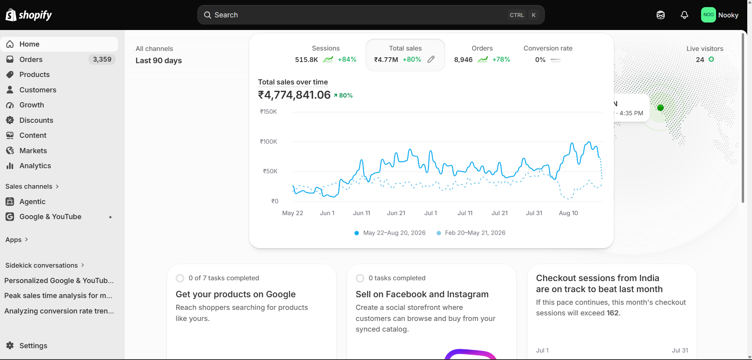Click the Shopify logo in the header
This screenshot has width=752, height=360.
coord(28,15)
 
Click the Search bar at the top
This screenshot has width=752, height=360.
coord(371,15)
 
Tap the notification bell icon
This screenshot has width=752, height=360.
coord(684,15)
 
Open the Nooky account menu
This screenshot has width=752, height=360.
coord(720,15)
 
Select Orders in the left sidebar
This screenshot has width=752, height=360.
coord(31,60)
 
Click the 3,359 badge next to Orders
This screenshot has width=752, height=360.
coord(102,60)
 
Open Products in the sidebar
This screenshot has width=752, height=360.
coord(34,75)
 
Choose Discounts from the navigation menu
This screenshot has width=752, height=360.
coord(36,120)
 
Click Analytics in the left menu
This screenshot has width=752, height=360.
coord(35,166)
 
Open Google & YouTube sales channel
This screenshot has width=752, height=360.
coord(50,217)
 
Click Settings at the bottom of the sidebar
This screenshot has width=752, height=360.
coord(33,346)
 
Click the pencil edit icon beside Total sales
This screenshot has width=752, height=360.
coord(431,59)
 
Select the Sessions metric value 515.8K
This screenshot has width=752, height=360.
coord(306,60)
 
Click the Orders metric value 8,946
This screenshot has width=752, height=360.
coord(463,60)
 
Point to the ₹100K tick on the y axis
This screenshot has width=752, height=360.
coord(268,142)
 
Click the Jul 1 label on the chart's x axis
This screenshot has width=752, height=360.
coord(431,213)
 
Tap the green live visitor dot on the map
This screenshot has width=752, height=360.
coord(660,107)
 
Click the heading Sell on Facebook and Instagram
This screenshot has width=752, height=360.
coord(422,294)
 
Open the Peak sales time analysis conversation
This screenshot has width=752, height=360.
coord(58,296)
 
